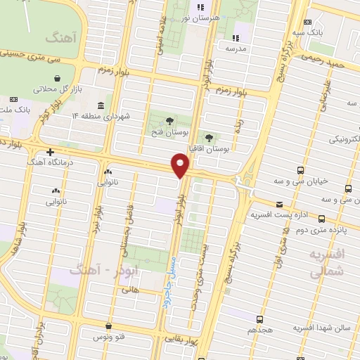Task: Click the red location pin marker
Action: [x=181, y=166]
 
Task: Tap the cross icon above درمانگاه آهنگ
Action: [x=50, y=152]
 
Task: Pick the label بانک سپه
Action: [x=309, y=32]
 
